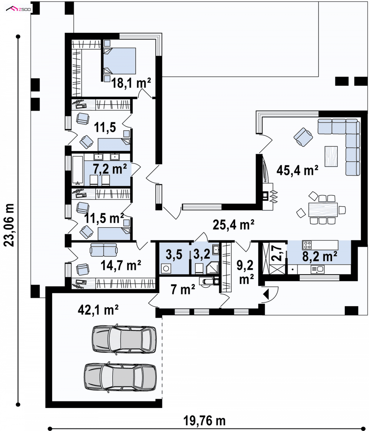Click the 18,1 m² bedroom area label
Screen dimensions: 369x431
click(131, 83)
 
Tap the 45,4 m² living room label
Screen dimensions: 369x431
click(297, 170)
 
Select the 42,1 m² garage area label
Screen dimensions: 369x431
click(98, 310)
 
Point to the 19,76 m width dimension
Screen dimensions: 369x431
click(204, 421)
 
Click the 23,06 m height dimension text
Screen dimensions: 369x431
click(9, 225)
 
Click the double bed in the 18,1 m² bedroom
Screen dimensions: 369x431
click(120, 61)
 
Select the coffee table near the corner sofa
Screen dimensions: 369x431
click(331, 156)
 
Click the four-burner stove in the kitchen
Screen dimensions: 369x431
click(307, 245)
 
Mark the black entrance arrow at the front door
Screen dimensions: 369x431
click(266, 294)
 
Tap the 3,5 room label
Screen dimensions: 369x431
click(174, 254)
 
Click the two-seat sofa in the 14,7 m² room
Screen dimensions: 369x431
click(104, 250)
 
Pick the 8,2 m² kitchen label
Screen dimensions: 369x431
click(319, 256)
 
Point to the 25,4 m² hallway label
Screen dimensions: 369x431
click(233, 225)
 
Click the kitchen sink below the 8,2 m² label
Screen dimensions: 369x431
click(317, 270)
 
